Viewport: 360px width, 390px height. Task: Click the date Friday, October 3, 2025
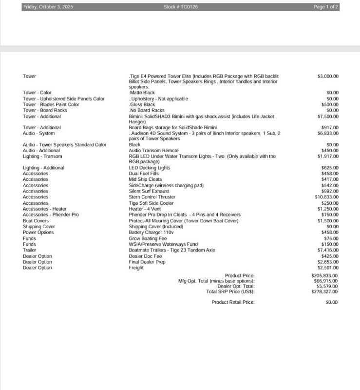(x=48, y=7)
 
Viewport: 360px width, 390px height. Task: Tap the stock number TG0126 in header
(x=181, y=7)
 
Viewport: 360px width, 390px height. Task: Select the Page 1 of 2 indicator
(x=326, y=7)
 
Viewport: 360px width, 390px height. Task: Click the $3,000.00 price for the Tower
(x=328, y=77)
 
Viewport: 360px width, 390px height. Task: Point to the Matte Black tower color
(x=142, y=93)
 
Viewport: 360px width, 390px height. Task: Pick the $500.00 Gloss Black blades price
(x=330, y=104)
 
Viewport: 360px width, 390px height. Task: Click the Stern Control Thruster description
(x=152, y=197)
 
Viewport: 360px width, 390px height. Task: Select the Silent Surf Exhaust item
(x=149, y=191)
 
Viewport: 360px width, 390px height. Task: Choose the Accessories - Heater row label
(x=45, y=209)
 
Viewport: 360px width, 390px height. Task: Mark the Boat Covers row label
(x=36, y=221)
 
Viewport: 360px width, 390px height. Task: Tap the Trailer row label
(x=29, y=250)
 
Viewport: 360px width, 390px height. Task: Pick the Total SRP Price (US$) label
(x=230, y=292)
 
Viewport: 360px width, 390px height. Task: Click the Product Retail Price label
(x=233, y=302)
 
